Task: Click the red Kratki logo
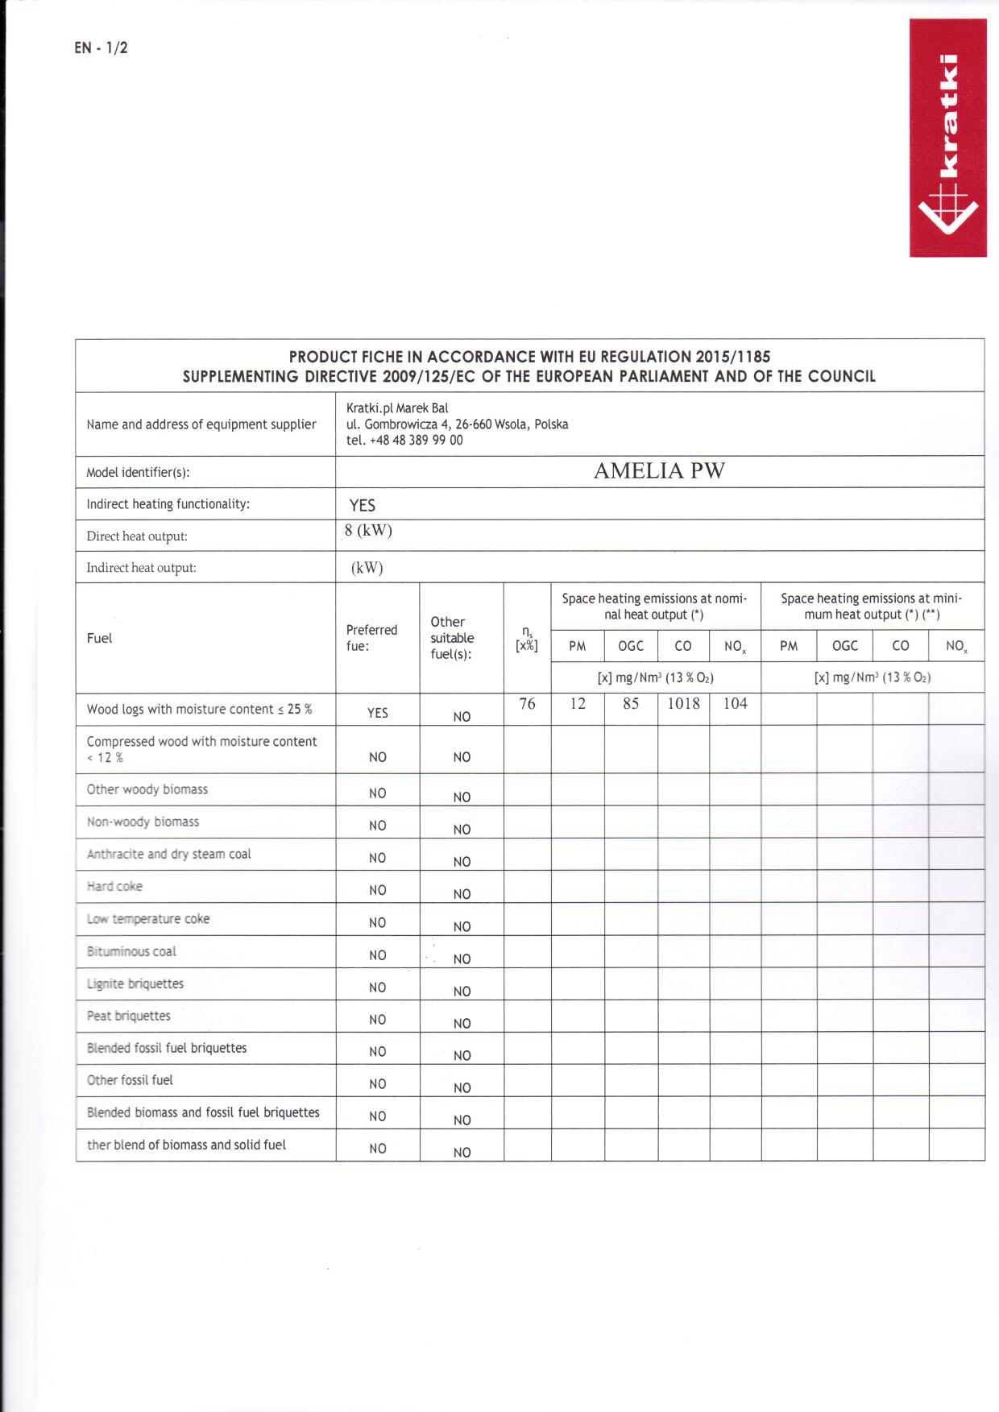click(947, 138)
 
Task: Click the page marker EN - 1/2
click(101, 48)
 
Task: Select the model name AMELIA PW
click(659, 471)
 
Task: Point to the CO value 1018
click(683, 703)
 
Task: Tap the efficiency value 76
click(527, 703)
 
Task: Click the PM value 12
click(578, 703)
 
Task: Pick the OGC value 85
click(631, 703)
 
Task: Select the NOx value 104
click(735, 703)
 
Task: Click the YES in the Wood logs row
click(377, 713)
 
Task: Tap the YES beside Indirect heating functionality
click(363, 505)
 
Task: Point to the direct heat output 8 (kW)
click(368, 530)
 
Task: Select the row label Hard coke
click(114, 886)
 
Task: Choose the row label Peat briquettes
click(129, 1016)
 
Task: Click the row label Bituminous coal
click(131, 951)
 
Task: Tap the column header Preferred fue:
click(371, 638)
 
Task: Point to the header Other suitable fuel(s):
click(452, 638)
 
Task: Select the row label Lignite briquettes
click(135, 983)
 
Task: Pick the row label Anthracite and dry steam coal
click(169, 854)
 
